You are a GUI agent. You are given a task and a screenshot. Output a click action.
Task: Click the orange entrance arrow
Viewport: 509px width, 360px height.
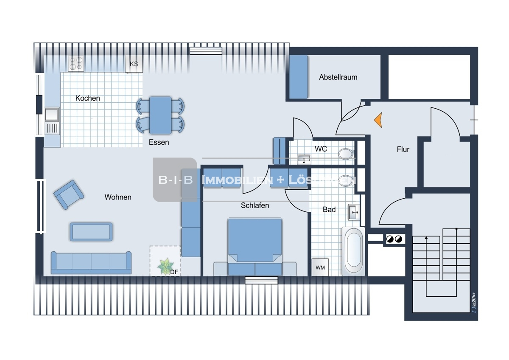click(x=378, y=120)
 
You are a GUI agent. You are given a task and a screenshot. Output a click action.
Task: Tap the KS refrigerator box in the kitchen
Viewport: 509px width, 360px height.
click(x=134, y=64)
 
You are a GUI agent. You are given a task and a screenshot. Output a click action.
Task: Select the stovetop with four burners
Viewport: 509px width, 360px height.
click(x=76, y=64)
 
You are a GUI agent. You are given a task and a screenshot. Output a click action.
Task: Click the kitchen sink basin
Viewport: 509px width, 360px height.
click(x=52, y=114)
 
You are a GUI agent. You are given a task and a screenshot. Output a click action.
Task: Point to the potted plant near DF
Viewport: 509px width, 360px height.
click(x=165, y=266)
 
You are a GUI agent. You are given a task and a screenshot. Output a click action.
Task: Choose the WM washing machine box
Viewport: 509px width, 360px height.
click(x=320, y=267)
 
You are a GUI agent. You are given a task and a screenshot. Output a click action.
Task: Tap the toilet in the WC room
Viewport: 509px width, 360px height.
click(x=346, y=153)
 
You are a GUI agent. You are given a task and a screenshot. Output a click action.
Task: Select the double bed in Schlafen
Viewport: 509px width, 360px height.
click(x=255, y=247)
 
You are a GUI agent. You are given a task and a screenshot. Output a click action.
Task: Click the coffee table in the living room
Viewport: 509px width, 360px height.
click(x=91, y=232)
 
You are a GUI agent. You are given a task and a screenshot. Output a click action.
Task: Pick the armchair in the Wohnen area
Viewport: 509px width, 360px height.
click(x=68, y=194)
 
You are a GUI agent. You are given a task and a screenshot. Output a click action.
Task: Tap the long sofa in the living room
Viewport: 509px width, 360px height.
click(x=91, y=262)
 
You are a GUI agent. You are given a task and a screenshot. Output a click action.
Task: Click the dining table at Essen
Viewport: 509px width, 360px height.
click(x=160, y=115)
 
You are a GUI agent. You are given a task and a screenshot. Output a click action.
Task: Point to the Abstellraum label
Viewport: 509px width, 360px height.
click(x=338, y=77)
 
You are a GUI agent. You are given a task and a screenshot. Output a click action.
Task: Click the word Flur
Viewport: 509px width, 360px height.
click(x=403, y=149)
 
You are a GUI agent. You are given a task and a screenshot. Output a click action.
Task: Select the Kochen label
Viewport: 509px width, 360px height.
click(x=88, y=98)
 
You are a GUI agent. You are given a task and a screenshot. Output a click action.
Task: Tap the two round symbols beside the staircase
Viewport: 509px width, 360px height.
click(x=394, y=239)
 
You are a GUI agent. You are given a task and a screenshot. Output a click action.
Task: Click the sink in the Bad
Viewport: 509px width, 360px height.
click(x=354, y=212)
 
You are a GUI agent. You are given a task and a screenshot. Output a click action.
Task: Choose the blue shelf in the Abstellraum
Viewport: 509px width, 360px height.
click(x=298, y=76)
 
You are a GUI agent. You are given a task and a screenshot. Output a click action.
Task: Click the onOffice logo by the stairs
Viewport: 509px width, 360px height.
click(x=473, y=302)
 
